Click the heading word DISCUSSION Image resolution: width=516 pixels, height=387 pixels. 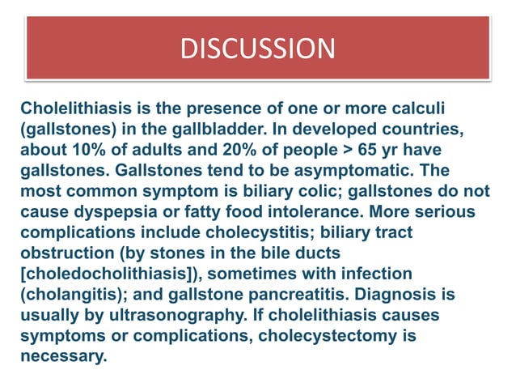[257, 49]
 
